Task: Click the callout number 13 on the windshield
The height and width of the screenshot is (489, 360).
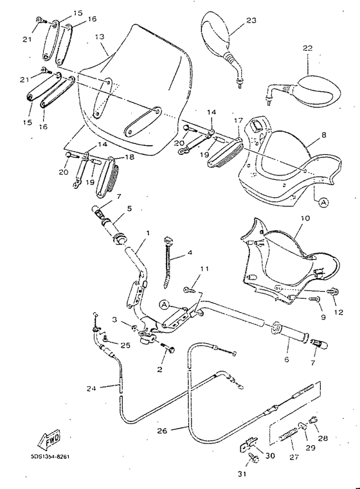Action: coord(99,37)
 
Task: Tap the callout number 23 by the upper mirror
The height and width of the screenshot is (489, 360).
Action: coord(251,21)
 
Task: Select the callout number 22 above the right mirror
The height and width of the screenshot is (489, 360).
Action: coord(307,49)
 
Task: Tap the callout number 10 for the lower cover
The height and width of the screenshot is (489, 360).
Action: coord(305,218)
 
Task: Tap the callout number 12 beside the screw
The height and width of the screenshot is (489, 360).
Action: coord(338,313)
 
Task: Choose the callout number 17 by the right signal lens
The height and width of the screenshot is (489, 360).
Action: coord(237,120)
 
